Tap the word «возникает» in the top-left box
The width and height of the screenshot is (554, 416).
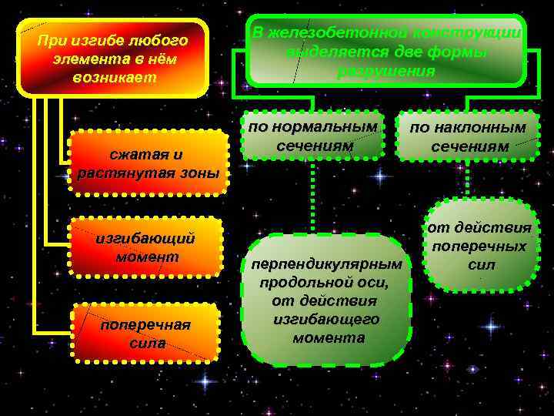click(114, 78)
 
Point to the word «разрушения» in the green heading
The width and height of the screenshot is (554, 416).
click(385, 72)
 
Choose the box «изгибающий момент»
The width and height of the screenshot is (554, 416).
click(145, 247)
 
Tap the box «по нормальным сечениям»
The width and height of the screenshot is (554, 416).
click(314, 136)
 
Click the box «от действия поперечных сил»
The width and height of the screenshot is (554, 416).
click(481, 246)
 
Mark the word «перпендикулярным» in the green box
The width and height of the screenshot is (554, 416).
click(326, 264)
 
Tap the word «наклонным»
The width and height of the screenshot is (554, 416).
click(479, 127)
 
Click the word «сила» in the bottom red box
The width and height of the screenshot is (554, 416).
click(146, 343)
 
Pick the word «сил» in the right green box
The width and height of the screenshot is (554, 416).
click(480, 265)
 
